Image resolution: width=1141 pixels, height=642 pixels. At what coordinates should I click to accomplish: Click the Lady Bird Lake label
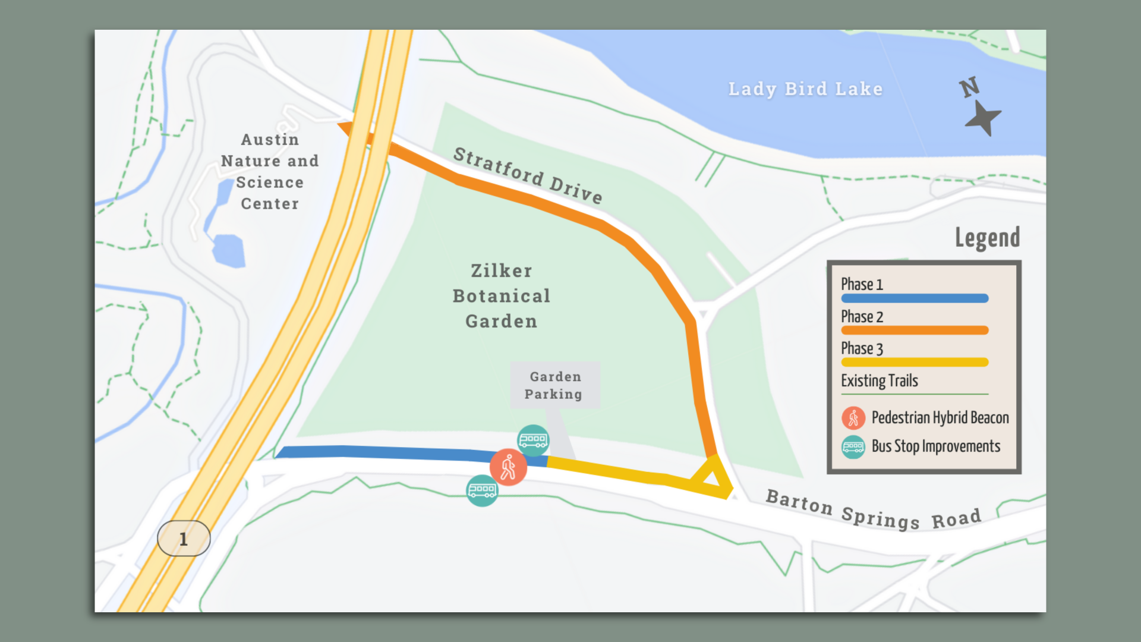[805, 89]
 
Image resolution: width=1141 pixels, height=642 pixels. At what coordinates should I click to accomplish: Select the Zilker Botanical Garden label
[502, 296]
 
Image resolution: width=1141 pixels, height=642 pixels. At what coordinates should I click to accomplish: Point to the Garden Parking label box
[555, 385]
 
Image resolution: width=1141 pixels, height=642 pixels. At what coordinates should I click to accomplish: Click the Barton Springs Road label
[873, 511]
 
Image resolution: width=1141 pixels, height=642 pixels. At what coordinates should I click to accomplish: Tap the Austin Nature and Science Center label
[270, 172]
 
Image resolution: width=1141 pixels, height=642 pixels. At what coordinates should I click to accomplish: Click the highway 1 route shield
[184, 539]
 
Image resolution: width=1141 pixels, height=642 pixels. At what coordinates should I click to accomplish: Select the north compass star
[983, 118]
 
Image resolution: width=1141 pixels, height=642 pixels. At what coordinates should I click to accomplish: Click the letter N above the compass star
[969, 87]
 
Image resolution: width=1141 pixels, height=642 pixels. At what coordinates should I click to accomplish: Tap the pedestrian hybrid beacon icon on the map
[508, 467]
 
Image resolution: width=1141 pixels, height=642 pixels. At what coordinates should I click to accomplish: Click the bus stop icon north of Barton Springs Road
[533, 440]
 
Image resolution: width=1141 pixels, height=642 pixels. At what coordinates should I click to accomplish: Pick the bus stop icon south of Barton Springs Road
[482, 490]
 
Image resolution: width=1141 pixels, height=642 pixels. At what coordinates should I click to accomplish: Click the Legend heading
[987, 238]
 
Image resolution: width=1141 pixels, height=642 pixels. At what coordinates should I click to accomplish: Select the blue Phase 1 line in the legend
[915, 298]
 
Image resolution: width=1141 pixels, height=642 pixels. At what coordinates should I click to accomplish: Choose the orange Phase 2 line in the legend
[915, 331]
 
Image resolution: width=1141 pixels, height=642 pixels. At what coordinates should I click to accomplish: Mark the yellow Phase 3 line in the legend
[915, 362]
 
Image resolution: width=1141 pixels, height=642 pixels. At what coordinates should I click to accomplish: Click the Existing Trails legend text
[880, 381]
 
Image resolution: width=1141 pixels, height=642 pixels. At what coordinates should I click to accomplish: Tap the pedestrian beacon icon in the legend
[853, 418]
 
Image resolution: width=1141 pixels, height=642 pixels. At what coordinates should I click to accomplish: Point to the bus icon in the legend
[853, 447]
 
